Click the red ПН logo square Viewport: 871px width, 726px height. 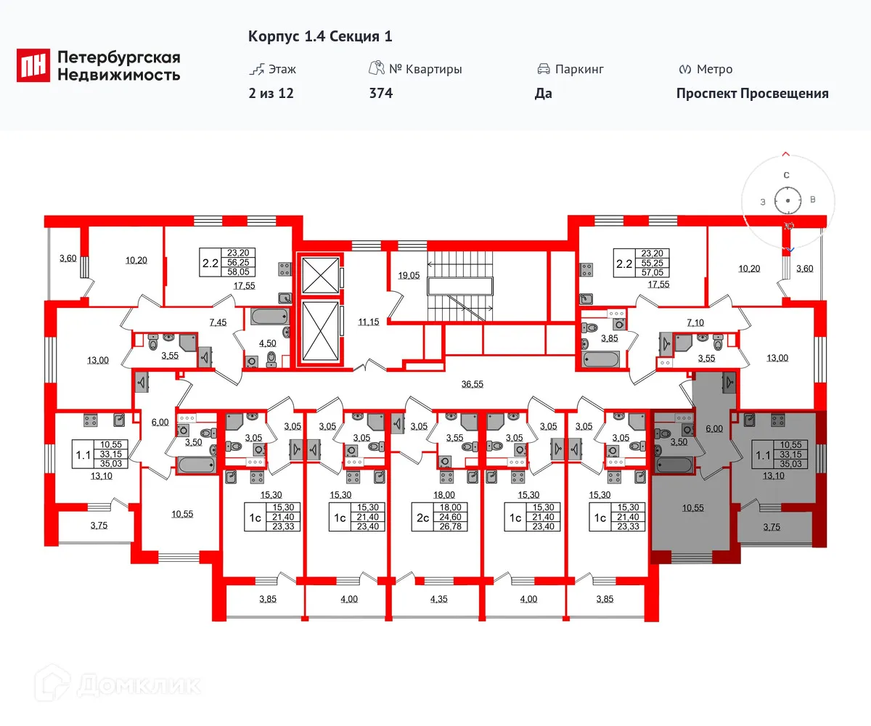(33, 65)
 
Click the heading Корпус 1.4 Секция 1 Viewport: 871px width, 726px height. (320, 36)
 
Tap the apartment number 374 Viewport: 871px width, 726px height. (380, 93)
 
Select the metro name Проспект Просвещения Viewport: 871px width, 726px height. (752, 93)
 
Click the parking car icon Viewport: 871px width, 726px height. (543, 70)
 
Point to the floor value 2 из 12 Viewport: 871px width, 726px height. (271, 93)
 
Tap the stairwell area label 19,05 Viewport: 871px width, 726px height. (409, 276)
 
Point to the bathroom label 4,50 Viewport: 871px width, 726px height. (269, 345)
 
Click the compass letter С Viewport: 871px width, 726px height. (786, 175)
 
